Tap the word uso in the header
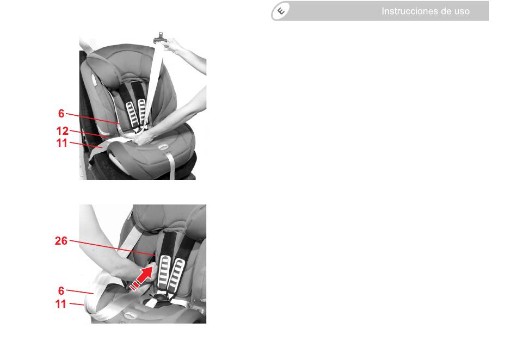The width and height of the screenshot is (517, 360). click(x=461, y=11)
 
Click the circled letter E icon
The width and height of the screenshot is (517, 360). click(x=281, y=11)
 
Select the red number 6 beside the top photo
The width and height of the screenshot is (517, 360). click(x=61, y=113)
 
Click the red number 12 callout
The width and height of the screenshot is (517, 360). click(x=63, y=131)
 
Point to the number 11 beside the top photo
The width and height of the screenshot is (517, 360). click(x=61, y=143)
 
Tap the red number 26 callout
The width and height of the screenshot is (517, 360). click(x=61, y=241)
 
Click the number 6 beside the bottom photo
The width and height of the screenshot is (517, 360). click(x=61, y=291)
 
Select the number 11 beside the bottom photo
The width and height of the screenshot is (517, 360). click(x=61, y=303)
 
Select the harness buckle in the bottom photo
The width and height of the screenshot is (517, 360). click(x=160, y=300)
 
